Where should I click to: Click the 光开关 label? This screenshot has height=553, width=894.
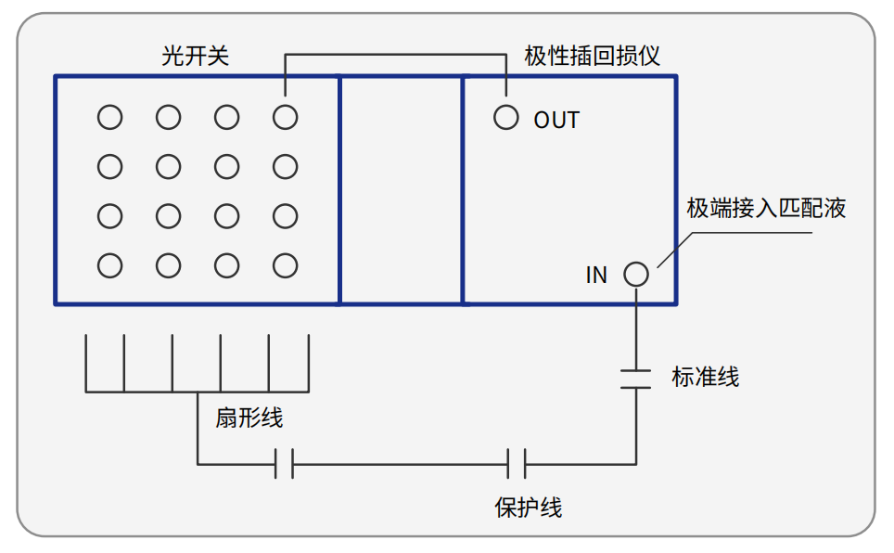pyautogui.click(x=195, y=56)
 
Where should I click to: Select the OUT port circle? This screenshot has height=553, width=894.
pyautogui.click(x=505, y=118)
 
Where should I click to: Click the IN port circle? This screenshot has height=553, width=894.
pyautogui.click(x=635, y=275)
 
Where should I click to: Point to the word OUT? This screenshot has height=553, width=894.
pyautogui.click(x=556, y=120)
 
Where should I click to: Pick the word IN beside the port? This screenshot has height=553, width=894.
pyautogui.click(x=596, y=276)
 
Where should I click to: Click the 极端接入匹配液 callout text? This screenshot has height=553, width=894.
pyautogui.click(x=766, y=208)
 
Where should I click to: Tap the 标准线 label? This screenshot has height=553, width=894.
pyautogui.click(x=705, y=377)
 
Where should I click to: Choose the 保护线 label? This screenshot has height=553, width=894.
pyautogui.click(x=529, y=508)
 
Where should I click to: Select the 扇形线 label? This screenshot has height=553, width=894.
pyautogui.click(x=249, y=418)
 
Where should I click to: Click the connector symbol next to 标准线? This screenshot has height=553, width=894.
pyautogui.click(x=635, y=378)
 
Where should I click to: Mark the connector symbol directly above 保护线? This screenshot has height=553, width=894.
pyautogui.click(x=517, y=462)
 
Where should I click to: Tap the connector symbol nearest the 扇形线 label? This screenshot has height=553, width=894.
pyautogui.click(x=285, y=462)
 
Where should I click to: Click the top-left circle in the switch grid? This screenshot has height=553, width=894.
pyautogui.click(x=109, y=118)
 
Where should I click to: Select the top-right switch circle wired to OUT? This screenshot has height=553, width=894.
pyautogui.click(x=285, y=118)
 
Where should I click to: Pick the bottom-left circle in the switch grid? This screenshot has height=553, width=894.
pyautogui.click(x=109, y=266)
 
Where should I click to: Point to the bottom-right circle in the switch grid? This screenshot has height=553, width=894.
pyautogui.click(x=285, y=266)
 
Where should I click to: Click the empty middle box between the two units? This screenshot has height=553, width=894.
pyautogui.click(x=401, y=190)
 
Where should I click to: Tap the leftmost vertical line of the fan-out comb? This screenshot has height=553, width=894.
pyautogui.click(x=85, y=362)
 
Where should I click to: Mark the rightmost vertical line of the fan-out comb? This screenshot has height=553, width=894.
pyautogui.click(x=308, y=362)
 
